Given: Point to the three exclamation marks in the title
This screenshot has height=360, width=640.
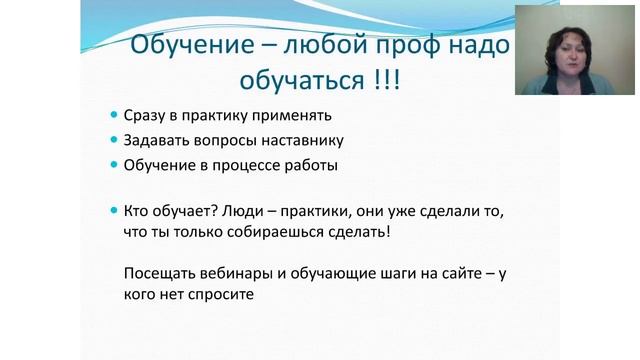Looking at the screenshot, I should (381, 79).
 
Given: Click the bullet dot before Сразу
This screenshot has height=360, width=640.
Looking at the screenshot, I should (114, 115).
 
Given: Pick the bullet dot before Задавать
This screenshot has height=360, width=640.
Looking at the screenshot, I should (114, 140).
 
